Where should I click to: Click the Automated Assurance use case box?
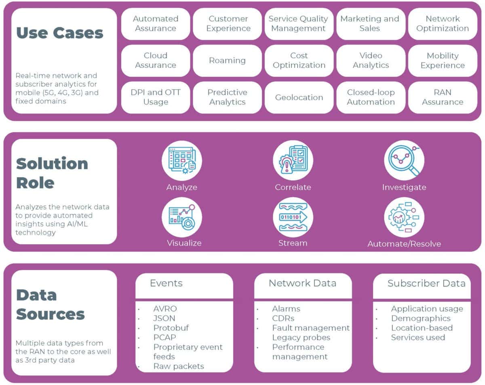[156, 24]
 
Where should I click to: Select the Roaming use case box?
[227, 61]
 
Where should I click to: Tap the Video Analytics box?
[371, 61]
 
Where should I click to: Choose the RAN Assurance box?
[443, 97]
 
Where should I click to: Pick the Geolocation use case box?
[299, 97]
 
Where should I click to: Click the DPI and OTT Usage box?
[156, 97]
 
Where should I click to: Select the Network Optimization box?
[443, 24]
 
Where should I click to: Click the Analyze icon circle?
[182, 161]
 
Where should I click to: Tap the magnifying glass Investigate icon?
[404, 161]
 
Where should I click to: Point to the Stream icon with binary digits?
[293, 217]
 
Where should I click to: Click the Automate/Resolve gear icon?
[404, 217]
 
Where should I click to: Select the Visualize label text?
[184, 243]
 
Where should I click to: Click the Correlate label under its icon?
[293, 187]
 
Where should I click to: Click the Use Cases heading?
[60, 33]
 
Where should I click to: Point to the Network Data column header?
[302, 283]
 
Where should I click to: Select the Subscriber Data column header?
[426, 283]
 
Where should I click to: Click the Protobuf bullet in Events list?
[171, 328]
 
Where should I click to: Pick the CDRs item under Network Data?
[283, 318]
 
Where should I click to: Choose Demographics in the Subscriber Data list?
[420, 318]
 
